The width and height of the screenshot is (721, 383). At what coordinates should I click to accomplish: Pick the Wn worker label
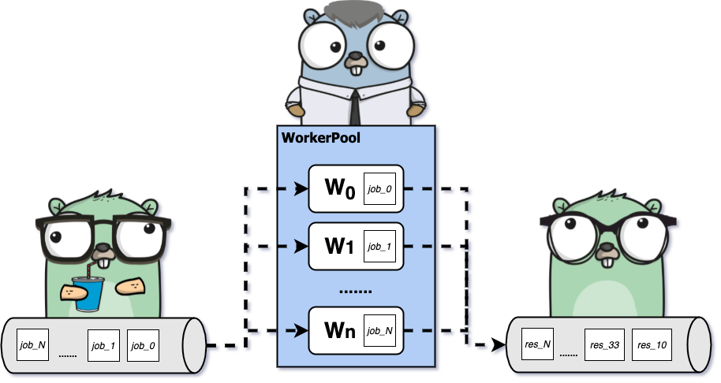338,329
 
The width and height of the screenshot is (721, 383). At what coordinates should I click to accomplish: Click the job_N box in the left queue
33,345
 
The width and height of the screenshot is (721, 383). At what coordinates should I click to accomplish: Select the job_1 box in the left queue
103,345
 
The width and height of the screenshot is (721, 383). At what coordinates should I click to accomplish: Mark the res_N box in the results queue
536,345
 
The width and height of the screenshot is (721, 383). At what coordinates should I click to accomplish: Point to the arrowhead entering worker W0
301,189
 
